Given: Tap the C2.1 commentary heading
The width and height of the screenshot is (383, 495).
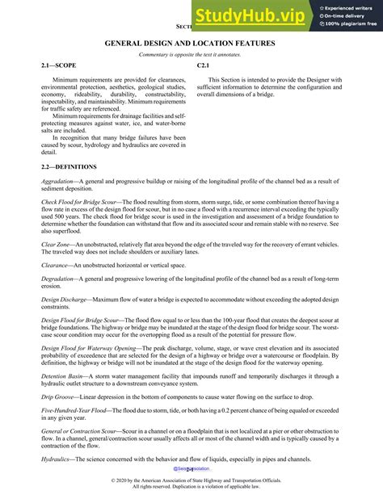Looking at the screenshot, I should (204, 64).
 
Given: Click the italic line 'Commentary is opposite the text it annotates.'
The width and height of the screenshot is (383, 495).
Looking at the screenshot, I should (191, 53).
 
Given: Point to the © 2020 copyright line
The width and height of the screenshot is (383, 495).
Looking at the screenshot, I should (191, 480).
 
